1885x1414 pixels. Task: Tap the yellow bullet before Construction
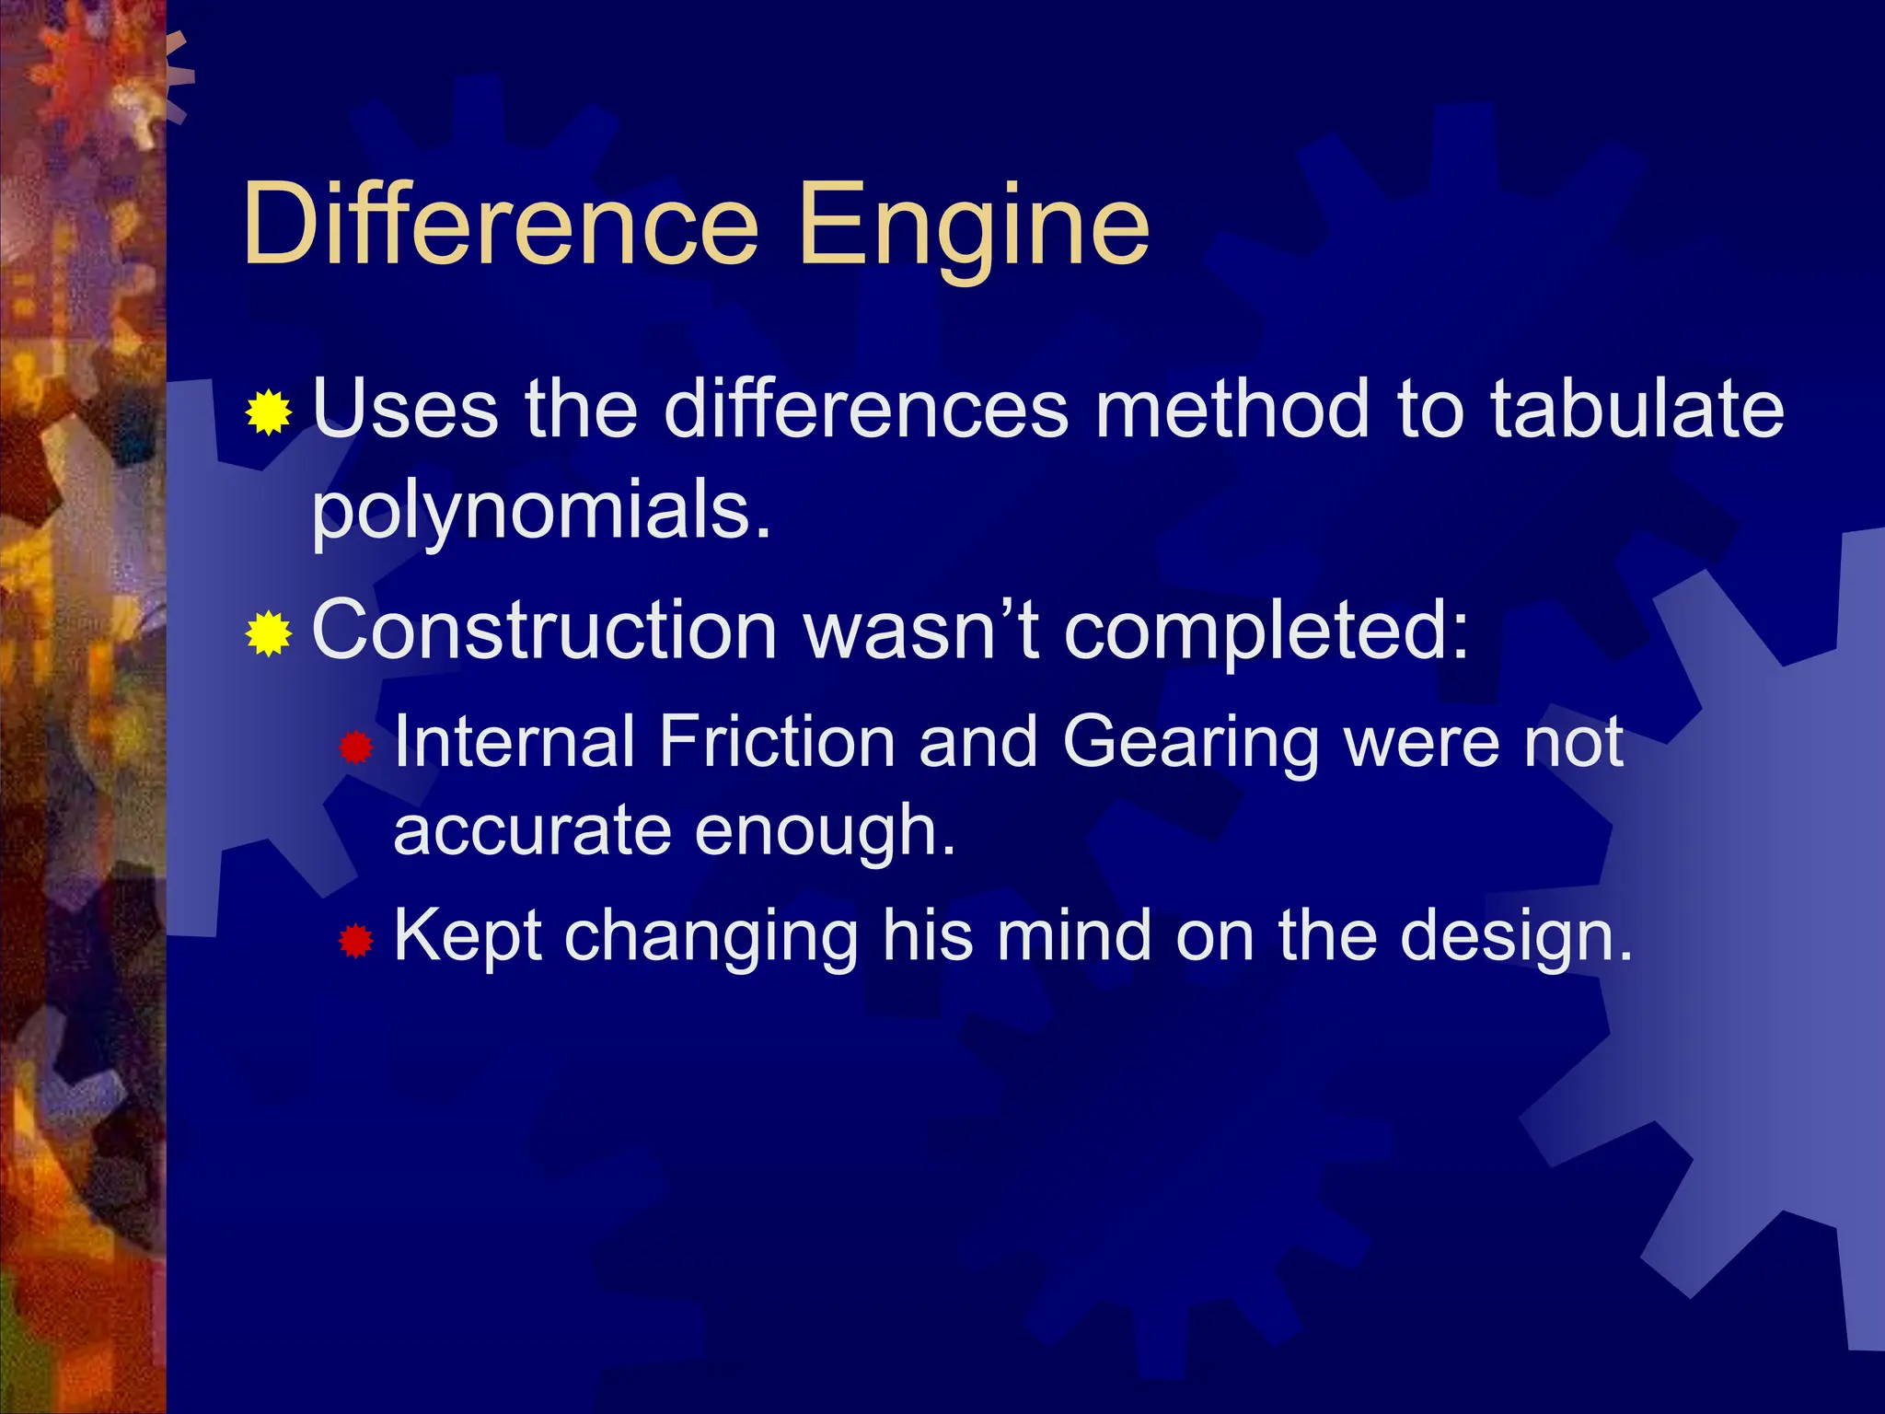coord(269,633)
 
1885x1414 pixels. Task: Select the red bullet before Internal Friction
coord(355,747)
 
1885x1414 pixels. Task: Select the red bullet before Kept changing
coord(355,941)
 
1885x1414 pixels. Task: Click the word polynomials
coord(541,512)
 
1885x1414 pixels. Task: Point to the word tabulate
coord(1636,409)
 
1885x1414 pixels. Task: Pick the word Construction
coord(545,632)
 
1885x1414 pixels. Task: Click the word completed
coord(1266,632)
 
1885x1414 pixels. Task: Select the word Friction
coord(777,742)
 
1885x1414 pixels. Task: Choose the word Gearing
coord(1191,742)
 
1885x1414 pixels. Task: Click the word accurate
coord(532,830)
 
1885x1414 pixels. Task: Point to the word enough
coord(825,830)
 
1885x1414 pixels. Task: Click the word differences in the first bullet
coord(865,409)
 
